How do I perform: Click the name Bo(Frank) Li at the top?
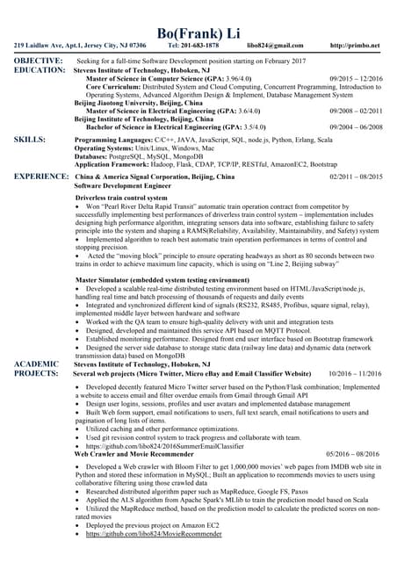198,32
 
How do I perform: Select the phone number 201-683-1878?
201,45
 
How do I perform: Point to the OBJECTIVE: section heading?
38,60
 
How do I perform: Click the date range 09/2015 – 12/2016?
356,79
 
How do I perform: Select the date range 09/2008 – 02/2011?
356,112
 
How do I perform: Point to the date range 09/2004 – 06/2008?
356,126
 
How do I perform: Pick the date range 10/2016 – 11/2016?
356,373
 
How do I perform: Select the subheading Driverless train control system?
121,199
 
